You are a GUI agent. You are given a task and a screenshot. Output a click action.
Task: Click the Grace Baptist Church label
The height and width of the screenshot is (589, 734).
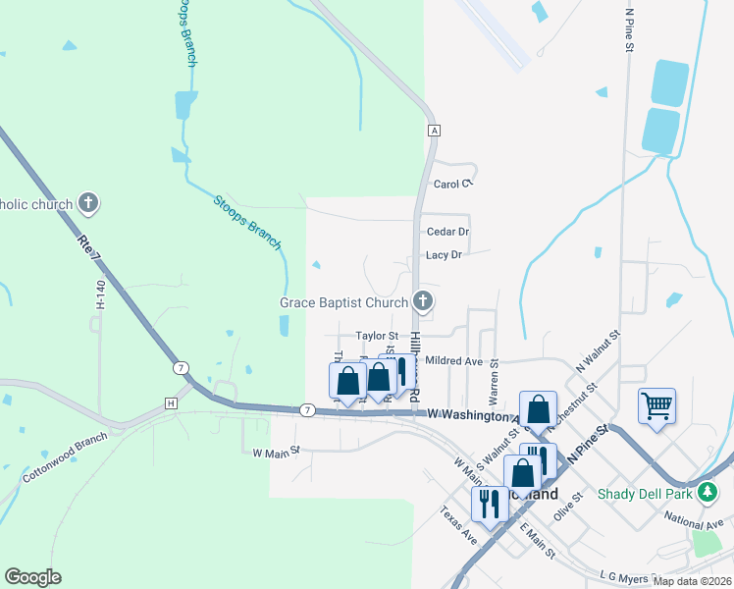click(343, 302)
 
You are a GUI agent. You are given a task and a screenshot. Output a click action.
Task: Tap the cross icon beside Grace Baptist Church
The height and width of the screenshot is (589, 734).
click(423, 300)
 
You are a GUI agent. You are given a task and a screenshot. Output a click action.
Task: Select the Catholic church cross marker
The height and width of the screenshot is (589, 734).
click(88, 204)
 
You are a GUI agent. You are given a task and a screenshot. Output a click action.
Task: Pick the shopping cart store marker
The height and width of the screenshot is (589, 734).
click(655, 404)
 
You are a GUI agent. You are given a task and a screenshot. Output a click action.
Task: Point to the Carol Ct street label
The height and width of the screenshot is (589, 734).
click(453, 184)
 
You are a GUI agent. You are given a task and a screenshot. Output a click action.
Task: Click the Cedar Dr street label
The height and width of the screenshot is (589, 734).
click(447, 232)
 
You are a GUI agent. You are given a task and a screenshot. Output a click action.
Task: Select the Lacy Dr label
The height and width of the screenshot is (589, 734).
click(443, 255)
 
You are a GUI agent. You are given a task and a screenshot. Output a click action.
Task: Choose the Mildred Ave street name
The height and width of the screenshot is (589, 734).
click(453, 361)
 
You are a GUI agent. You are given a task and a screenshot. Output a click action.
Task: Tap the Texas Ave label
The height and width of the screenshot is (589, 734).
click(457, 525)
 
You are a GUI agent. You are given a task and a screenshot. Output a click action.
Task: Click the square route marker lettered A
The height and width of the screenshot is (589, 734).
click(432, 131)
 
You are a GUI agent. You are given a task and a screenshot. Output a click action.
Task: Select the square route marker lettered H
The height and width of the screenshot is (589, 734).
click(172, 403)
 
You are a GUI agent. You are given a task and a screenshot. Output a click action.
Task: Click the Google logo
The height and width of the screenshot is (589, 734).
click(32, 577)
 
